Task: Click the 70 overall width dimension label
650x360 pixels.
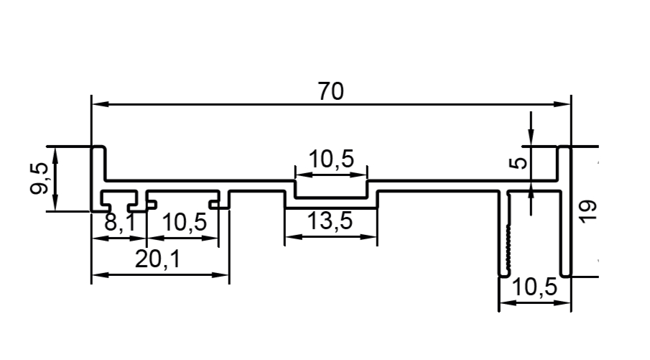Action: (331, 91)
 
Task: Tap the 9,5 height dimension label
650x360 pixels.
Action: (40, 178)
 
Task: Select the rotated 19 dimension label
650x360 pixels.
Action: (588, 211)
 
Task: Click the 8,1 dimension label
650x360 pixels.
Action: (120, 222)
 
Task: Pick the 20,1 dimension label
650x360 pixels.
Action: (158, 259)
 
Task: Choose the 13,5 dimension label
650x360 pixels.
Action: (330, 221)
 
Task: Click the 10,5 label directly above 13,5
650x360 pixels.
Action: (332, 159)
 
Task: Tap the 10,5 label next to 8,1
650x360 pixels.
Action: (184, 222)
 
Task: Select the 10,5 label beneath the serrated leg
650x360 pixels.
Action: (535, 287)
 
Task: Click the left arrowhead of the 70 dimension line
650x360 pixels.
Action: (101, 104)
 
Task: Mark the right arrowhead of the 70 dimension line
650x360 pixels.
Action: (562, 104)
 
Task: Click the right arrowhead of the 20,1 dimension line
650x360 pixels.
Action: (220, 274)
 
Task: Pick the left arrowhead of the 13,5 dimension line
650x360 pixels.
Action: (294, 237)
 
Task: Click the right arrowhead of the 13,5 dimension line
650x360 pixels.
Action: (368, 237)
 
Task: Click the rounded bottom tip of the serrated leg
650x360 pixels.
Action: (504, 274)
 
